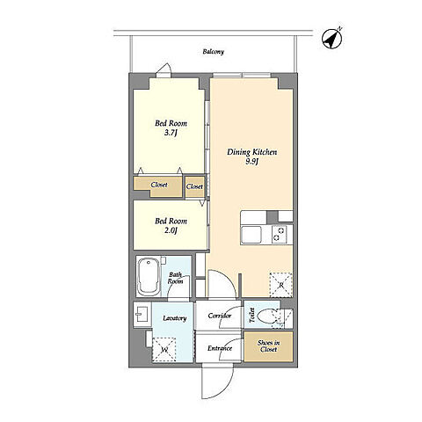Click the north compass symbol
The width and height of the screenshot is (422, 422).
(332, 39)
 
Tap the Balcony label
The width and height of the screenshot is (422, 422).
(214, 52)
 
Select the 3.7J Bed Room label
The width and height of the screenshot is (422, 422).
(171, 128)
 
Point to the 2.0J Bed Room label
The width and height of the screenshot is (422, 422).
(171, 226)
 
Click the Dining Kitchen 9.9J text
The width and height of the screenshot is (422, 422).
(252, 156)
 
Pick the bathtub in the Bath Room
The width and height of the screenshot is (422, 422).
(149, 276)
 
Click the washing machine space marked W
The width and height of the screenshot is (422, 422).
(164, 349)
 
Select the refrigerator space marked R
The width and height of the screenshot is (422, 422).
(280, 285)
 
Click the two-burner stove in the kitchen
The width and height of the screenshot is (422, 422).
(279, 235)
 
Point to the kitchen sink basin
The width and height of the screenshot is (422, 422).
(251, 235)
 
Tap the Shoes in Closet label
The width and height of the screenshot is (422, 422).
(268, 346)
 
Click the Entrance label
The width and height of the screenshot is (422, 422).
(220, 348)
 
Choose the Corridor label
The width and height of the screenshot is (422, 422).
(220, 316)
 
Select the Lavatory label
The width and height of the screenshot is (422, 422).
(175, 318)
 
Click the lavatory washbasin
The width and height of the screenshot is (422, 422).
(142, 315)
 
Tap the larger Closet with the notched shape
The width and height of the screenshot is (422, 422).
(158, 186)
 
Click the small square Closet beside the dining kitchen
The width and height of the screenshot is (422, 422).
(194, 186)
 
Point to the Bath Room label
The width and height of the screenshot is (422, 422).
(175, 278)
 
